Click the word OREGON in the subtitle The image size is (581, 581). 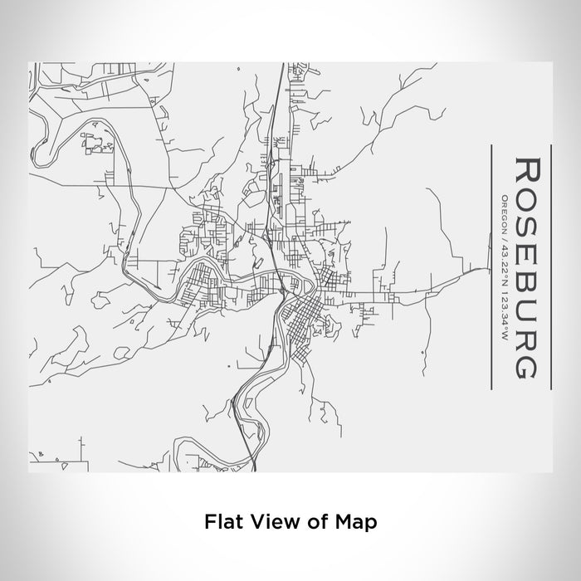tap(504, 212)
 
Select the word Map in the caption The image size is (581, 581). tap(349, 522)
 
